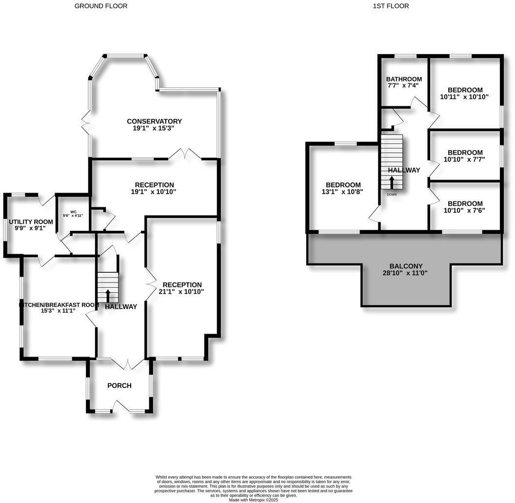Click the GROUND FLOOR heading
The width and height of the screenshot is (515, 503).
[x=101, y=6]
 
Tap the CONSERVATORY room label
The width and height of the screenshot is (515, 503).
[x=154, y=121]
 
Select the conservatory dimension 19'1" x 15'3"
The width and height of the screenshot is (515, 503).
[x=154, y=128]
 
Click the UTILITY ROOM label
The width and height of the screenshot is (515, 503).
[x=31, y=222]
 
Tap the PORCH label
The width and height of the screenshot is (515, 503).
[x=119, y=385]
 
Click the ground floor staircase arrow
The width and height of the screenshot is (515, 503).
[x=108, y=295]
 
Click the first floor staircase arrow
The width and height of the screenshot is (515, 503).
[x=392, y=182]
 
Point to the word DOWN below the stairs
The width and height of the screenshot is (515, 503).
[x=392, y=194]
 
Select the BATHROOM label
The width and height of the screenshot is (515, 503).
[x=404, y=79]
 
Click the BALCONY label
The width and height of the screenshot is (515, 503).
[x=405, y=266]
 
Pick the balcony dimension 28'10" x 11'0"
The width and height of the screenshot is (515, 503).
[x=405, y=273]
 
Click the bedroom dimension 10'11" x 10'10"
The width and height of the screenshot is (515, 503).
[x=464, y=97]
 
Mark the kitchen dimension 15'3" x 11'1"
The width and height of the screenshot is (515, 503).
[x=58, y=311]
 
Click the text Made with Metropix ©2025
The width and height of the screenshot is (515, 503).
[x=254, y=500]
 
